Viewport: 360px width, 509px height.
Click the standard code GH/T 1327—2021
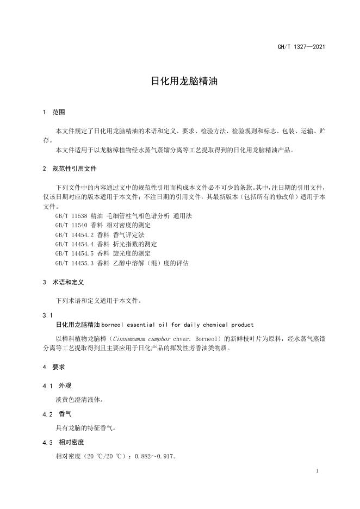[302, 47]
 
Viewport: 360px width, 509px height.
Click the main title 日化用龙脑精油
[179, 82]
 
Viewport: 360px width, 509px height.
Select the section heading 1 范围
[54, 112]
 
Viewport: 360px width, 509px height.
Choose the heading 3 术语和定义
[63, 282]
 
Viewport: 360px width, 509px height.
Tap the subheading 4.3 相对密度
[63, 442]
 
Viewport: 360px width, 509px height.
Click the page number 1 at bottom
[317, 471]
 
